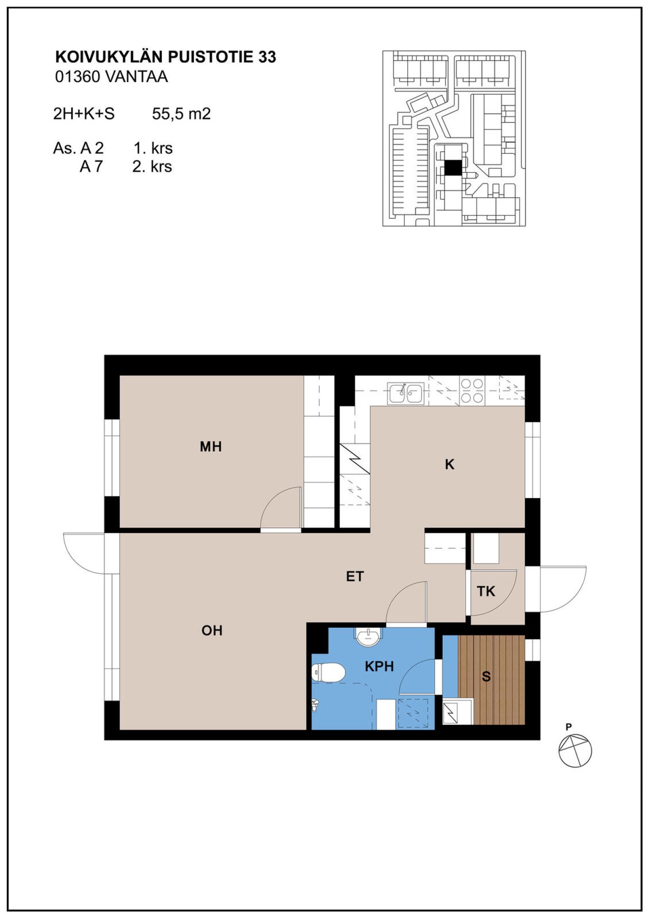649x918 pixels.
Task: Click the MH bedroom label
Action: click(x=211, y=447)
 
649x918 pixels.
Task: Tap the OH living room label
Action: click(x=212, y=630)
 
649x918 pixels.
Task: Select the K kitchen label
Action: click(x=449, y=465)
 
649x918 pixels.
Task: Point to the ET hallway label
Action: click(x=355, y=576)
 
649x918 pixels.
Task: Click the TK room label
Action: click(x=486, y=591)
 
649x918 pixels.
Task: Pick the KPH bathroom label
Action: click(x=379, y=667)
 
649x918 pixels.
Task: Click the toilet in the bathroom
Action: click(x=328, y=673)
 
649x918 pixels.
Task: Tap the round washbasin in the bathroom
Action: click(x=369, y=637)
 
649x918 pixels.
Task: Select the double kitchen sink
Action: click(x=406, y=393)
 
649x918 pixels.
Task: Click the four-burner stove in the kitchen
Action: click(x=472, y=390)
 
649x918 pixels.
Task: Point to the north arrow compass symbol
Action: click(x=575, y=750)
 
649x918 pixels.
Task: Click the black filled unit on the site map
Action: click(x=453, y=168)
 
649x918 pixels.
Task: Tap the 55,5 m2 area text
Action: click(x=181, y=114)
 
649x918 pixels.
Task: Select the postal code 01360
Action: click(x=77, y=77)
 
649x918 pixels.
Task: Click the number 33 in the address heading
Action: click(x=267, y=57)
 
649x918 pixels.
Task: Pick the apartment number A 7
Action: click(x=91, y=167)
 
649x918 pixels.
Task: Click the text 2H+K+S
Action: click(x=84, y=114)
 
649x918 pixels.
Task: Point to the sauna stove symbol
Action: click(x=457, y=712)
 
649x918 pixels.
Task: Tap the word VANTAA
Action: click(x=136, y=77)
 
